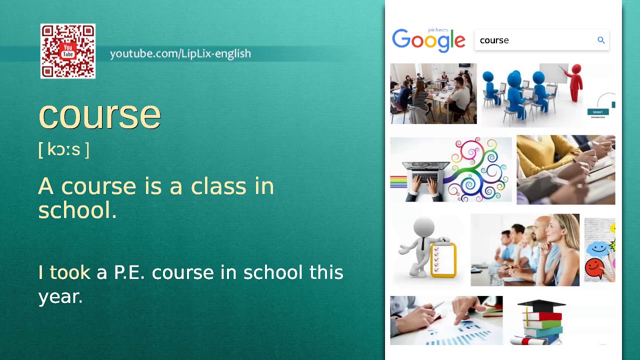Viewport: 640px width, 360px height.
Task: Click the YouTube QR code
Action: tap(68, 51)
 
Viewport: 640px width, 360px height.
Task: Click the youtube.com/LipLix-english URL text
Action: tap(180, 53)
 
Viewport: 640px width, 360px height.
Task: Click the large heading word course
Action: tap(99, 114)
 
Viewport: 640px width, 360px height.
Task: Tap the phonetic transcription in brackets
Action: tap(63, 149)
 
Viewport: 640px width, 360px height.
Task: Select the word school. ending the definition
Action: tap(77, 210)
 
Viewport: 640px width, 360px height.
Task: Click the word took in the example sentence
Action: tap(70, 272)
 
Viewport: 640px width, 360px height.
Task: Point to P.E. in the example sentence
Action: tap(129, 272)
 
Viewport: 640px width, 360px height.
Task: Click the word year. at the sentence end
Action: tap(60, 296)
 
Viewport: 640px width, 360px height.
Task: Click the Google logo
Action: tap(428, 40)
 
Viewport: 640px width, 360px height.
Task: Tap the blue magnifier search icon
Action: tap(601, 40)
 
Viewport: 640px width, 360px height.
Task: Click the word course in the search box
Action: tap(494, 40)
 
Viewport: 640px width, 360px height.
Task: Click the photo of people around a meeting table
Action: tap(433, 93)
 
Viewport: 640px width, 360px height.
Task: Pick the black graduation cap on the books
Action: tap(540, 305)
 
